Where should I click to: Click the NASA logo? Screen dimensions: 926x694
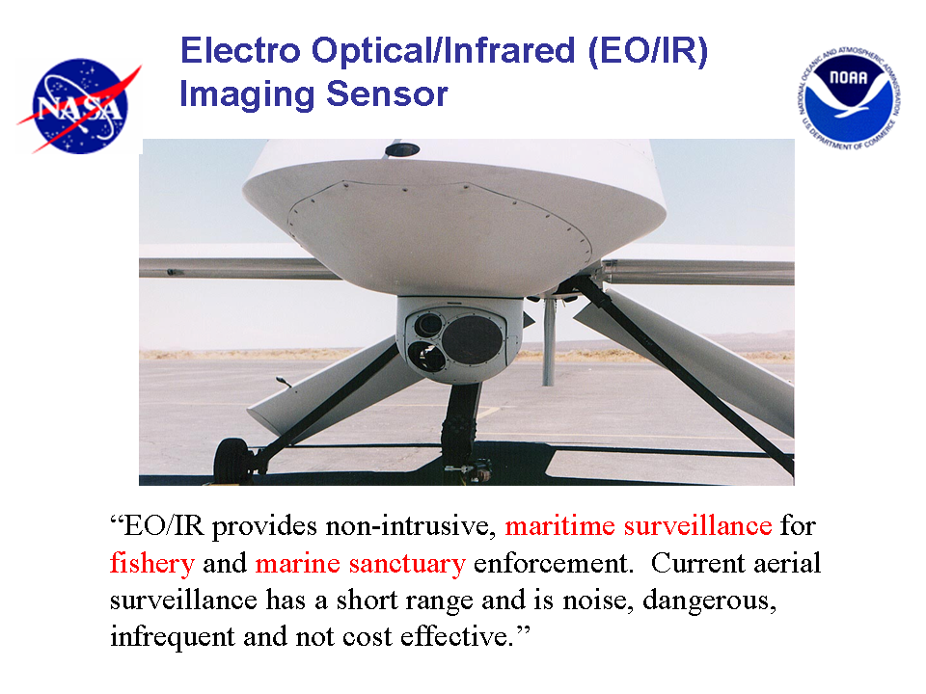click(x=79, y=106)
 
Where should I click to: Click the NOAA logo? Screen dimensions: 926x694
click(x=849, y=98)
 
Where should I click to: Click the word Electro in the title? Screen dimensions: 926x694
click(x=240, y=50)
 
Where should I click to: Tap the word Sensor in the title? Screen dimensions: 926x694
click(x=387, y=93)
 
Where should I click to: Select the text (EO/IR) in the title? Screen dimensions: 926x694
click(x=648, y=51)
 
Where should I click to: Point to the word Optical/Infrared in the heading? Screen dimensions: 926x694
click(x=444, y=51)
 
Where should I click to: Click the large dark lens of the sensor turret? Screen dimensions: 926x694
click(x=473, y=339)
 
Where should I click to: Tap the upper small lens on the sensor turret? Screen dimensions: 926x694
click(x=428, y=325)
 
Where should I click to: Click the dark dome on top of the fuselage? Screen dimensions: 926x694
click(x=402, y=150)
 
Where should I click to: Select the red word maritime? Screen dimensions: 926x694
click(x=559, y=525)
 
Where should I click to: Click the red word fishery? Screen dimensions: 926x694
click(x=151, y=564)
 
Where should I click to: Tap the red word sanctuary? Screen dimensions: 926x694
click(x=407, y=564)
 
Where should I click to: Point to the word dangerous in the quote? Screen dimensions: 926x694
click(x=709, y=601)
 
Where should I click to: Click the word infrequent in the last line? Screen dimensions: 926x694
click(x=173, y=637)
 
